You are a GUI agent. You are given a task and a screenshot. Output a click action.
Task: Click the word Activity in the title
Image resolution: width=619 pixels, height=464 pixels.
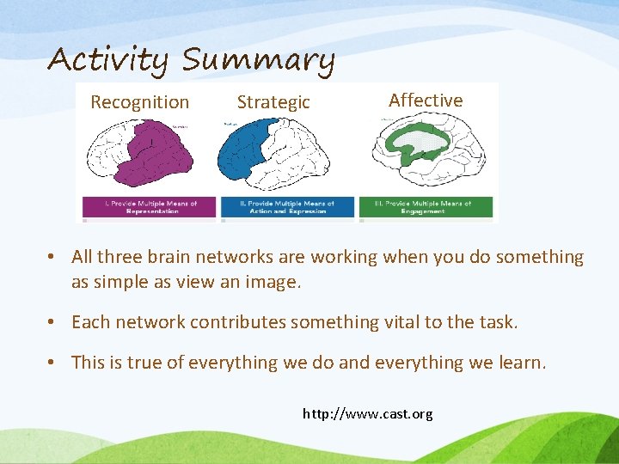pyautogui.click(x=109, y=60)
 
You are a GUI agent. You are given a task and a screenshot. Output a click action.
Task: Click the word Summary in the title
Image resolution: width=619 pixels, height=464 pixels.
pyautogui.click(x=258, y=60)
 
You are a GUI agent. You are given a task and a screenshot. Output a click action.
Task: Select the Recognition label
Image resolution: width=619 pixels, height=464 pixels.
pyautogui.click(x=139, y=102)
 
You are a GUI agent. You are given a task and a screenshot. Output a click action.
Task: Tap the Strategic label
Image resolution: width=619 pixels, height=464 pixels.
pyautogui.click(x=273, y=102)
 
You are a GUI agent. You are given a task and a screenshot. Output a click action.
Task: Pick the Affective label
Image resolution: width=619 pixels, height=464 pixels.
pyautogui.click(x=426, y=101)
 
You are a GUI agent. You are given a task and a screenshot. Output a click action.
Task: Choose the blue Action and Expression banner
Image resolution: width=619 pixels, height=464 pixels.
pyautogui.click(x=287, y=207)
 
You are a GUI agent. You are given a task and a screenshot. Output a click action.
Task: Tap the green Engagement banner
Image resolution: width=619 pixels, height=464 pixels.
pyautogui.click(x=426, y=207)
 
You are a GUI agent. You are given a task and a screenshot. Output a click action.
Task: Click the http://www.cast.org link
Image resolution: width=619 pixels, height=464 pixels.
pyautogui.click(x=368, y=414)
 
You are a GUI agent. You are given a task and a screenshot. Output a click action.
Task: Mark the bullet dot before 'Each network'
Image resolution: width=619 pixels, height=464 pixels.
pyautogui.click(x=53, y=322)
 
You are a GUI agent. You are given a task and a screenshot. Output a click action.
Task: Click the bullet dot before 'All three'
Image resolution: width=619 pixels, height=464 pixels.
pyautogui.click(x=53, y=257)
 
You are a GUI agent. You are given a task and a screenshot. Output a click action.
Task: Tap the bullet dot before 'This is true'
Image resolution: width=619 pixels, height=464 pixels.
pyautogui.click(x=53, y=363)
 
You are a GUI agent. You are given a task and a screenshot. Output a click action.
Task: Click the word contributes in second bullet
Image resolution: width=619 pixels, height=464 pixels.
pyautogui.click(x=238, y=322)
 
